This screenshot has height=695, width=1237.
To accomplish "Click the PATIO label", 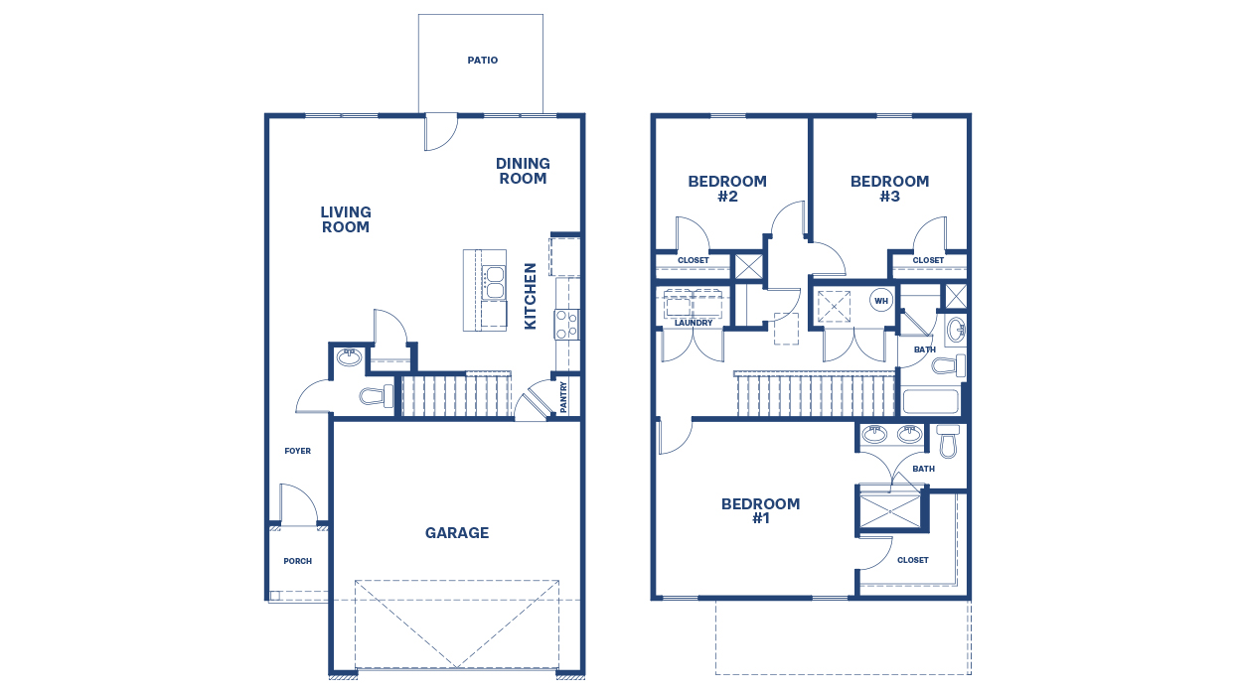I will coord(482,61).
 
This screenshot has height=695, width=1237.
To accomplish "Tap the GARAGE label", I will coord(457,533).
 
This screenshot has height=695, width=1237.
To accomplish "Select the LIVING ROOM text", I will coord(346,219).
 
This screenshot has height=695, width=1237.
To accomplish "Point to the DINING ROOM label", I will coord(523,171).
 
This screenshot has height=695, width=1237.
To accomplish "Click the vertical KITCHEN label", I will coord(531,296).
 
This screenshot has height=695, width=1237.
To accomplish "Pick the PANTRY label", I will coord(564,397).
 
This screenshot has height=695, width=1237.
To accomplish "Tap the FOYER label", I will coord(297,451).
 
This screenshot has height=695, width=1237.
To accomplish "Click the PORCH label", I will coord(297,561).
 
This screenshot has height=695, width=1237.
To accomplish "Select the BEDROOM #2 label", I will coord(727,189).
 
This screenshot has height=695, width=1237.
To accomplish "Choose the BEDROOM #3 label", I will coord(889,189).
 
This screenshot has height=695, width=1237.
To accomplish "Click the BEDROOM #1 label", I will coord(760,510).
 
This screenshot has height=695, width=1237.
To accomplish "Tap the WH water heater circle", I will coord(881,300).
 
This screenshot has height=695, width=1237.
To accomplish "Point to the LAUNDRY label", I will coord(693,323).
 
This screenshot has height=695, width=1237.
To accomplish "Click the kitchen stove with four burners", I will coord(566,325).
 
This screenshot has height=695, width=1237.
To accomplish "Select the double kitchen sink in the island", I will coord(493,282).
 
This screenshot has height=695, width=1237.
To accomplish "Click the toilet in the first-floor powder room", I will coord(376,397).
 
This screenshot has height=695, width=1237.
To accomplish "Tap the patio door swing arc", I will coord(440,133).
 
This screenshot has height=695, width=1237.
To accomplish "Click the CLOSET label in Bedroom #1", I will coord(912,560).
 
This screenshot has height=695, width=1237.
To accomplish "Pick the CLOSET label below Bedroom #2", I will coord(693,260).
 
